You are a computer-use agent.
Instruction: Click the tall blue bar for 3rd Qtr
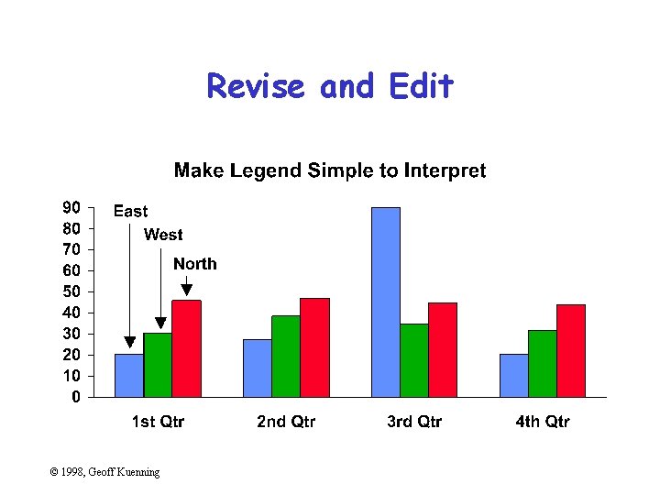pyautogui.click(x=386, y=302)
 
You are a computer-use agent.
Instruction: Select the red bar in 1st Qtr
pyautogui.click(x=186, y=348)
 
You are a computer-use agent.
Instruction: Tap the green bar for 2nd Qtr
pyautogui.click(x=286, y=356)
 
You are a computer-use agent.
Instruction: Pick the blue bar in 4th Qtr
pyautogui.click(x=514, y=375)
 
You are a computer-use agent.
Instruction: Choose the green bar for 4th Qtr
pyautogui.click(x=543, y=363)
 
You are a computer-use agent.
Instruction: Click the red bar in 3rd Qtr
pyautogui.click(x=443, y=349)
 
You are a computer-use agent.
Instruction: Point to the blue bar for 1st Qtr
pyautogui.click(x=129, y=375)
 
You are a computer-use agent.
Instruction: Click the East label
pyautogui.click(x=130, y=212)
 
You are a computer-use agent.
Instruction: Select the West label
pyautogui.click(x=163, y=236)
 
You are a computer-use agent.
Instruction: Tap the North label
pyautogui.click(x=195, y=264)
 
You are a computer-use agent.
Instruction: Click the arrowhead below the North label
pyautogui.click(x=187, y=291)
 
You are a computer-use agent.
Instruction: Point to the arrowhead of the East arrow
pyautogui.click(x=129, y=343)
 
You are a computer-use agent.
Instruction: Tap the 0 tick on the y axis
pyautogui.click(x=76, y=397)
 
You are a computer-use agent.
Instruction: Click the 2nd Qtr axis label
pyautogui.click(x=286, y=422)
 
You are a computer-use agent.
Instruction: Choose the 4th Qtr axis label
pyautogui.click(x=542, y=422)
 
